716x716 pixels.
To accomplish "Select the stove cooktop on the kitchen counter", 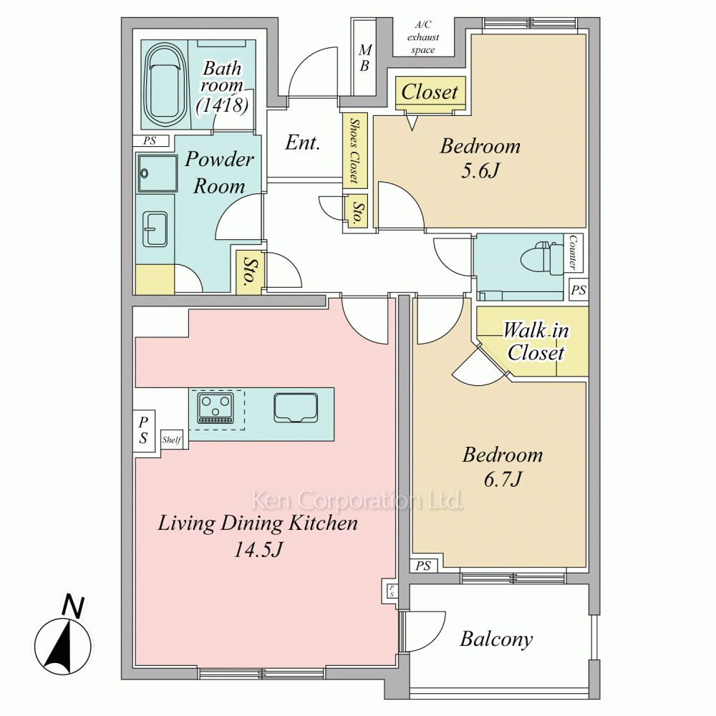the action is tap(215, 408).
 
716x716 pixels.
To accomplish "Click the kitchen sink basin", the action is tap(296, 407).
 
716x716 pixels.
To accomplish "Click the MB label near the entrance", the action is tap(365, 58).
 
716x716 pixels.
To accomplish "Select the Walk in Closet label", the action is tap(536, 341).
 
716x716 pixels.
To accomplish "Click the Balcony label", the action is tap(496, 639).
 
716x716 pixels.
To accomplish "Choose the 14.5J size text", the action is tap(258, 549).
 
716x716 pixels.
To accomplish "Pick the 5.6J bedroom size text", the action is tap(480, 171).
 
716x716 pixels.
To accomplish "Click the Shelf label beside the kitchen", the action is tap(172, 440).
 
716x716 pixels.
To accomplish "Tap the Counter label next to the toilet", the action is tap(573, 252).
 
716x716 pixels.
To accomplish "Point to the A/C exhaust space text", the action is tap(423, 37).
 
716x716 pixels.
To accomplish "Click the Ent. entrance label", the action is tap(302, 142).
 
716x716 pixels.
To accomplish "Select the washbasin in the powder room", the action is tap(155, 229).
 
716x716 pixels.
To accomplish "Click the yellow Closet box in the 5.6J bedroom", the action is tap(430, 92).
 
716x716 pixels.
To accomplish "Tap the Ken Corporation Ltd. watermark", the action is tap(357, 500).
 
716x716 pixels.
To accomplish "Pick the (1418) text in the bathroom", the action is tap(223, 105).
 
